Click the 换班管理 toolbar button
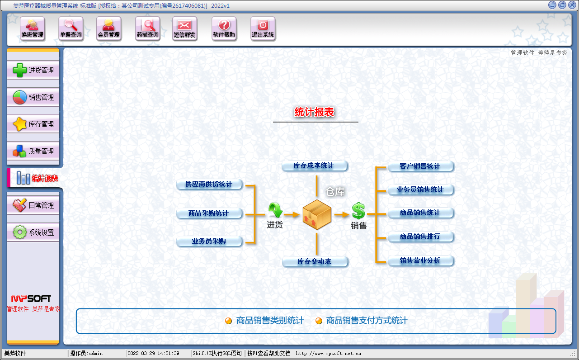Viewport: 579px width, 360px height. tap(33, 28)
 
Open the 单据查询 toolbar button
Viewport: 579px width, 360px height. tap(71, 28)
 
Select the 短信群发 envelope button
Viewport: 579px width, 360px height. tap(185, 28)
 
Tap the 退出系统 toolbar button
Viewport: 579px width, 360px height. tap(263, 28)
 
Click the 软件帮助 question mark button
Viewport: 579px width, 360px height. tap(224, 28)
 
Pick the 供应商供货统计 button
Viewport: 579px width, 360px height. tap(209, 185)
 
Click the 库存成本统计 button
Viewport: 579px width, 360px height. tap(314, 166)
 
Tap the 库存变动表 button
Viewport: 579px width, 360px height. tap(315, 262)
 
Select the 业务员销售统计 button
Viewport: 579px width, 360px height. tap(420, 190)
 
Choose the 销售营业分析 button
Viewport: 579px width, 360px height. tap(420, 261)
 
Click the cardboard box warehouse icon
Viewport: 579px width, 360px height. tap(317, 214)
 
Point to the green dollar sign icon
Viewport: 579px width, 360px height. tap(358, 211)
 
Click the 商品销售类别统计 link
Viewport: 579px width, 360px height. tap(270, 321)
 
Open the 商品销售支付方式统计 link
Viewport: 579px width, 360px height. tap(367, 321)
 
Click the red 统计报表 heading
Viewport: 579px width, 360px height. tap(314, 113)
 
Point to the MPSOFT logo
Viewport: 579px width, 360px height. tap(31, 298)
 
